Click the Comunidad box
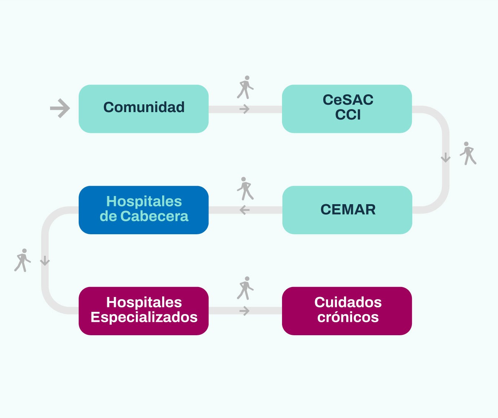click(144, 109)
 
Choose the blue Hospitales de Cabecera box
click(144, 210)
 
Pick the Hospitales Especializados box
click(144, 311)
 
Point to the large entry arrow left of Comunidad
click(60, 108)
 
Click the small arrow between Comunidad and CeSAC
click(245, 109)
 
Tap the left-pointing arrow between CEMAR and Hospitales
click(245, 210)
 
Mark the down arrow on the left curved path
click(45, 261)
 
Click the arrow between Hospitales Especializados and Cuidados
click(245, 311)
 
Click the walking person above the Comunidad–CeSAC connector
click(245, 88)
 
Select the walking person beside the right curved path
click(468, 153)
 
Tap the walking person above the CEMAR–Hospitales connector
click(245, 189)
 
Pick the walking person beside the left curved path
click(23, 260)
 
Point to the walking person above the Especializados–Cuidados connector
click(245, 288)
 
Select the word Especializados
click(144, 317)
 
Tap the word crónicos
click(348, 317)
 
